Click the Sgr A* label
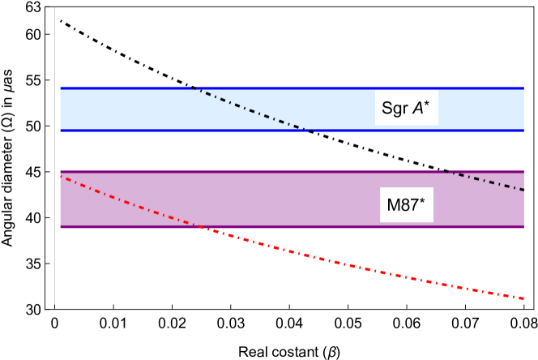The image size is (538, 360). (406, 109)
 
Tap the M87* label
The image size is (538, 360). (405, 205)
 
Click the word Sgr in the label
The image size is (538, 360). (395, 109)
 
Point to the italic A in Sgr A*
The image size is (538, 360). (418, 109)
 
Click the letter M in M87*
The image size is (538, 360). (394, 205)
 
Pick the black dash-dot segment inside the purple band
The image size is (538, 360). (486, 180)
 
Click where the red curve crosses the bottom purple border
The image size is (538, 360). (198, 226)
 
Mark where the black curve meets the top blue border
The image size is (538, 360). (193, 88)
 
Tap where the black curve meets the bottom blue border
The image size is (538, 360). (310, 130)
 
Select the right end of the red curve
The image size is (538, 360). (523, 298)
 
